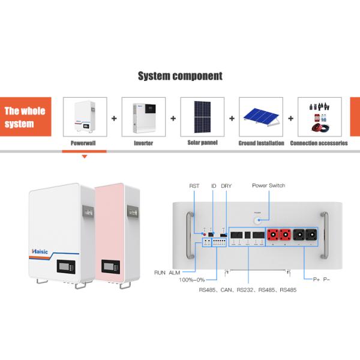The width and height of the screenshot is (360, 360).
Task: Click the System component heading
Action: [180, 76]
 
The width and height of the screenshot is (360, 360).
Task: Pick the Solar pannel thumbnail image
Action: [202, 118]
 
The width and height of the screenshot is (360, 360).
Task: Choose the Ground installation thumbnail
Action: [260, 118]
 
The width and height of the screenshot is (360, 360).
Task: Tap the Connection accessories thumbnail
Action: [319, 118]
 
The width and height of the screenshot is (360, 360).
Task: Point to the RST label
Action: [194, 186]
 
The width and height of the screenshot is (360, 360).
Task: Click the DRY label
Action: [226, 186]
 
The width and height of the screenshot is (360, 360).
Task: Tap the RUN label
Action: [160, 272]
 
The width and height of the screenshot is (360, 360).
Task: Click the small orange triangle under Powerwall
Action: [84, 157]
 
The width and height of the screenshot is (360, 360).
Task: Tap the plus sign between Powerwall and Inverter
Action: [114, 118]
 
